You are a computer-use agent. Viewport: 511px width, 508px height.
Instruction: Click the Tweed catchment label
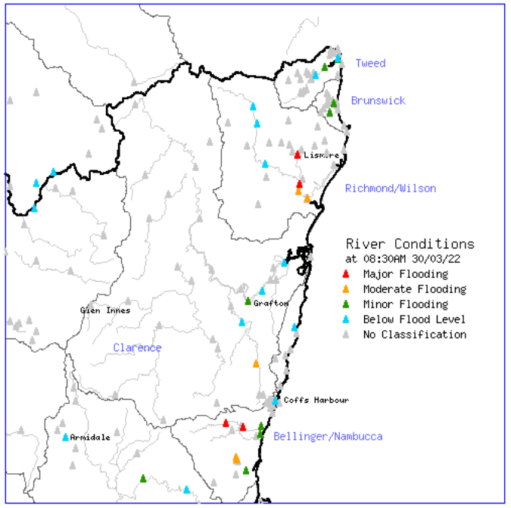pyautogui.click(x=370, y=64)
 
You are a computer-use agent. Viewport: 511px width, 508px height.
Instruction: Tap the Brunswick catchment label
pyautogui.click(x=378, y=101)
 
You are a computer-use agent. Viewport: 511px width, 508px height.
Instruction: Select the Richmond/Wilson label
pyautogui.click(x=390, y=189)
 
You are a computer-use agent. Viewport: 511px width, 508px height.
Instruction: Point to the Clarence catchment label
pyautogui.click(x=137, y=348)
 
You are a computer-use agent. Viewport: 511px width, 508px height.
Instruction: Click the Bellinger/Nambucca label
pyautogui.click(x=328, y=437)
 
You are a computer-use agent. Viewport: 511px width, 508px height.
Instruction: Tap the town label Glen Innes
pyautogui.click(x=105, y=310)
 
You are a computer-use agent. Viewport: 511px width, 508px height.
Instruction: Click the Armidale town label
pyautogui.click(x=90, y=438)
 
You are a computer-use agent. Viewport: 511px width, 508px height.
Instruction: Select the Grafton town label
pyautogui.click(x=271, y=304)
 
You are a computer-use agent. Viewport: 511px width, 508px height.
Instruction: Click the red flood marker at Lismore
pyautogui.click(x=298, y=155)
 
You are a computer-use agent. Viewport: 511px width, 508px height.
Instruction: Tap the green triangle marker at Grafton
pyautogui.click(x=248, y=302)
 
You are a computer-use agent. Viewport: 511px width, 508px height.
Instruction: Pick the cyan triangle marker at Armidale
pyautogui.click(x=65, y=438)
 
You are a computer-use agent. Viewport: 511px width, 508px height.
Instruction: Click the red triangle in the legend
pyautogui.click(x=346, y=274)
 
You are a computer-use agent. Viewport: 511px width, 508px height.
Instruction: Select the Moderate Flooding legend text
pyautogui.click(x=414, y=289)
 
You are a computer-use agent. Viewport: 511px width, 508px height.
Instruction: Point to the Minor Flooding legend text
pyautogui.click(x=405, y=304)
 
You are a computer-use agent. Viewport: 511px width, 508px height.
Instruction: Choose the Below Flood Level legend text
pyautogui.click(x=414, y=319)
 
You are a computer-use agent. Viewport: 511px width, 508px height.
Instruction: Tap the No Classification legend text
pyautogui.click(x=414, y=335)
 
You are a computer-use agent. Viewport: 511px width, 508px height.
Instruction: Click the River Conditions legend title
pyautogui.click(x=410, y=245)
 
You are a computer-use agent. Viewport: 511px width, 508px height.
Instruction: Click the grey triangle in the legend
pyautogui.click(x=346, y=335)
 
